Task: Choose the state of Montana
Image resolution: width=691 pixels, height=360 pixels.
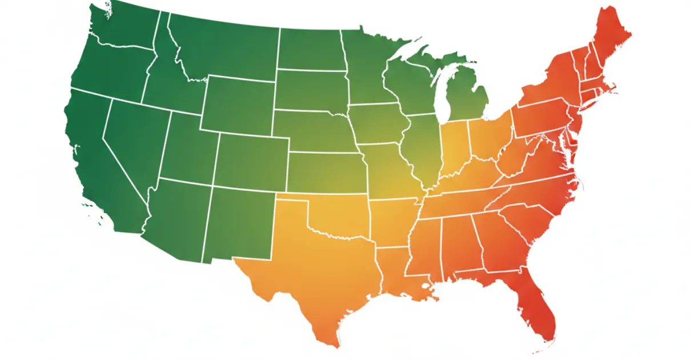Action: [223, 46]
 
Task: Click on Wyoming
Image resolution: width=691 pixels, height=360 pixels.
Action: [237, 106]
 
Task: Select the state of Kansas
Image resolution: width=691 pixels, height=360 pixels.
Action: [328, 171]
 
